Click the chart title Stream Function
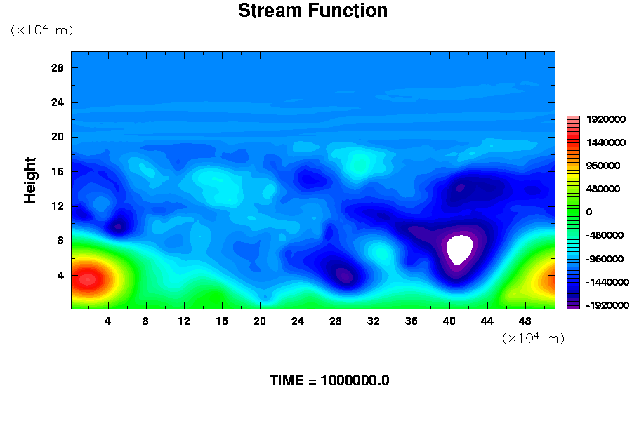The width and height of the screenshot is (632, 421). point(312,11)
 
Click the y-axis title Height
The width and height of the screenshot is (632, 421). point(29,180)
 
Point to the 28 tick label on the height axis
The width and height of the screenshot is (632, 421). point(58,67)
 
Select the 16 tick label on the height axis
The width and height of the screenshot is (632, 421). point(58,172)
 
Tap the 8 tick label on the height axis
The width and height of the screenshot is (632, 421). point(60,241)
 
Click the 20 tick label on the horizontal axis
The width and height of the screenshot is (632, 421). point(260,321)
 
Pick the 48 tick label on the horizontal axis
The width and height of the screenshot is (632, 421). point(525,321)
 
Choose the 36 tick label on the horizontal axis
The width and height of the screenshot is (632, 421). point(411,321)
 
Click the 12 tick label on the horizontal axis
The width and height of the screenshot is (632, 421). point(184,321)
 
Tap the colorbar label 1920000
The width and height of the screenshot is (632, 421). point(606,120)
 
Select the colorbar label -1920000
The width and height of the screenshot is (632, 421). point(607,305)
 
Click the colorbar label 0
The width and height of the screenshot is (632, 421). point(589,213)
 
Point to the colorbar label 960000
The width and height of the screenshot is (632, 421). point(603,166)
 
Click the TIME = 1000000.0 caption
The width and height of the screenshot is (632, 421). point(329,381)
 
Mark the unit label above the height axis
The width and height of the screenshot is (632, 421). point(41,30)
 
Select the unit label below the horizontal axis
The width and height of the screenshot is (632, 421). point(533,338)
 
